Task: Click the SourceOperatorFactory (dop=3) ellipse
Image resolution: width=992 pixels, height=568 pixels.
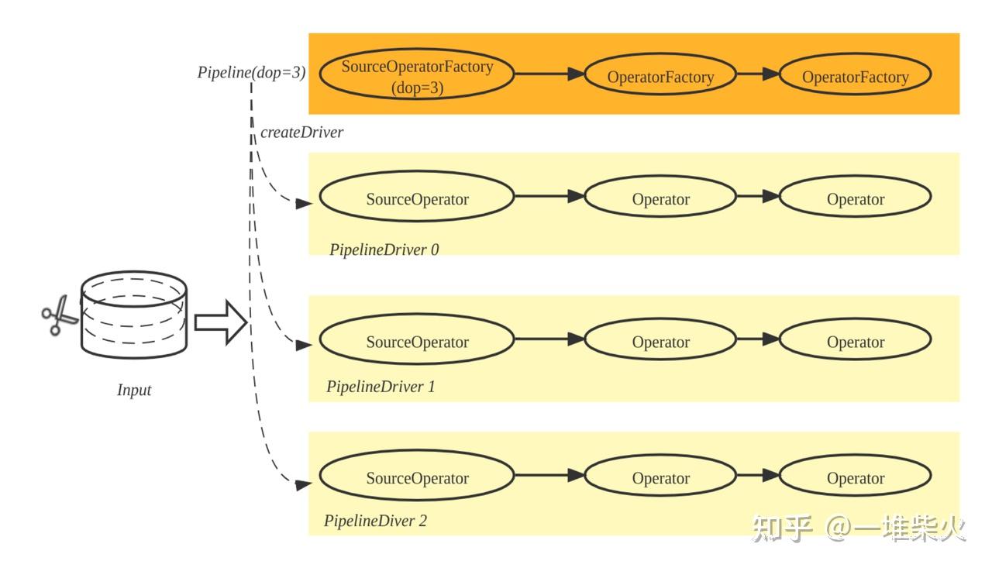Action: tap(417, 74)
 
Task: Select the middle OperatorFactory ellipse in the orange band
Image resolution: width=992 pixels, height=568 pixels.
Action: tap(660, 74)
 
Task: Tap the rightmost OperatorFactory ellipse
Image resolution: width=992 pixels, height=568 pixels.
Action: tap(855, 74)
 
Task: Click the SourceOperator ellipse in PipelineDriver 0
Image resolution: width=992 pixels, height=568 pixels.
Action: tap(417, 196)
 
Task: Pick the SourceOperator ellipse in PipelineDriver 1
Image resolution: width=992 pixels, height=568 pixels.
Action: tap(417, 339)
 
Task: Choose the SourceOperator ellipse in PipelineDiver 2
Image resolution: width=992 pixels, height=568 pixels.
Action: tap(417, 476)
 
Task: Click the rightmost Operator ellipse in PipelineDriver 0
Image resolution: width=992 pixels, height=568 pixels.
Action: tap(855, 196)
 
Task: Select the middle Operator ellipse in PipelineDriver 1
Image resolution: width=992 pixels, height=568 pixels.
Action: tap(660, 339)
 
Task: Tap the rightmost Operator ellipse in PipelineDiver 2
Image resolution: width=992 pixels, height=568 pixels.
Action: tap(855, 476)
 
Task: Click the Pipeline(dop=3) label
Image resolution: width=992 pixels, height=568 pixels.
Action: tap(252, 73)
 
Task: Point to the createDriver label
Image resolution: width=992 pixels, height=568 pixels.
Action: tap(301, 133)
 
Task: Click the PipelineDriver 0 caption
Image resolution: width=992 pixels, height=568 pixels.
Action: tap(384, 250)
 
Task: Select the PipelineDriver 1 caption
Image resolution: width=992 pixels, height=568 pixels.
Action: tap(381, 387)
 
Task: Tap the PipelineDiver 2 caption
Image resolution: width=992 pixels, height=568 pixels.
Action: tap(376, 521)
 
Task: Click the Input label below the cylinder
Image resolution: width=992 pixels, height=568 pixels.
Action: tap(134, 390)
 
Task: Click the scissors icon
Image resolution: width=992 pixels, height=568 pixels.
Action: tap(60, 315)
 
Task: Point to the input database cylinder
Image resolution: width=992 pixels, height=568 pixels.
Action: tap(134, 315)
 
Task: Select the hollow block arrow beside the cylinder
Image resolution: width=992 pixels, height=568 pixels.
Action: tap(221, 322)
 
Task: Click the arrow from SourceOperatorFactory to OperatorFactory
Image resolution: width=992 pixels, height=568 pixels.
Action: tap(549, 74)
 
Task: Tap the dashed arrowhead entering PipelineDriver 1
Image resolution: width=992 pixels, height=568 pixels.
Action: tap(303, 345)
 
